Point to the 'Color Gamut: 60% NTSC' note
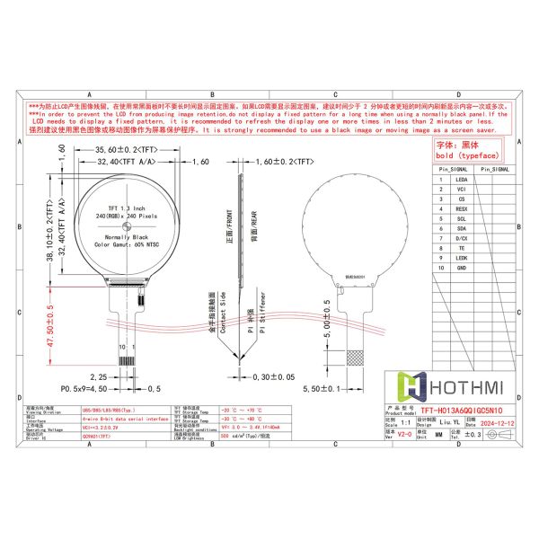click(125, 244)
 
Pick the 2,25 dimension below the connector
click(100, 377)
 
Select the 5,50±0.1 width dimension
click(344, 388)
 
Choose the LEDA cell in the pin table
click(462, 180)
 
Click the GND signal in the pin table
click(462, 268)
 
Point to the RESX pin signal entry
click(462, 209)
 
